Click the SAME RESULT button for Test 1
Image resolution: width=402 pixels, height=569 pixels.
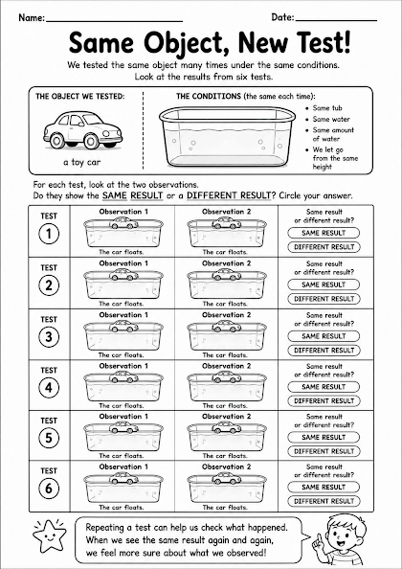point(324,233)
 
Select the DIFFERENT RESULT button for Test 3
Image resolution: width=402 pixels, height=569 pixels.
point(324,351)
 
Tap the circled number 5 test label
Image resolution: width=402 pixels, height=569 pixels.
point(49,439)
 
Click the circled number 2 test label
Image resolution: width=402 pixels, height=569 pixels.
point(49,286)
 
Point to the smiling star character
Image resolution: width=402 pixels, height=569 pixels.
point(50,535)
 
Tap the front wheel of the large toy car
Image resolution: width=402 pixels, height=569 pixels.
point(56,140)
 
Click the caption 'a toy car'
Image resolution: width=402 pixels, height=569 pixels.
point(82,162)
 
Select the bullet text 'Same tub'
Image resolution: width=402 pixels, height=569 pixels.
point(327,108)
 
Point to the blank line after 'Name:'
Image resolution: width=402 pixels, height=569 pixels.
point(114,21)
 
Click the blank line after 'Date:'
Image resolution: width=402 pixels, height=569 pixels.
point(336,21)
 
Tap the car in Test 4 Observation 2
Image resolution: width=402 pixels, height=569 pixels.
point(227,377)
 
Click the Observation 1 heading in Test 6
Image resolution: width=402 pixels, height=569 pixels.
point(123,467)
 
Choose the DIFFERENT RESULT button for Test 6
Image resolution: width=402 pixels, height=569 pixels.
point(324,501)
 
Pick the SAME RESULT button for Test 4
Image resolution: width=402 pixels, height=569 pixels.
point(324,387)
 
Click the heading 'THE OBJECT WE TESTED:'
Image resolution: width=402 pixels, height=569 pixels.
point(80,97)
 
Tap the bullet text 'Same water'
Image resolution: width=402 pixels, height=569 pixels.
point(331,119)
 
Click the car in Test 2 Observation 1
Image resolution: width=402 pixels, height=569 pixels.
point(123,275)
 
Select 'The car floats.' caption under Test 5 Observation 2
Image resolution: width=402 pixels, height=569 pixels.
point(225,455)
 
